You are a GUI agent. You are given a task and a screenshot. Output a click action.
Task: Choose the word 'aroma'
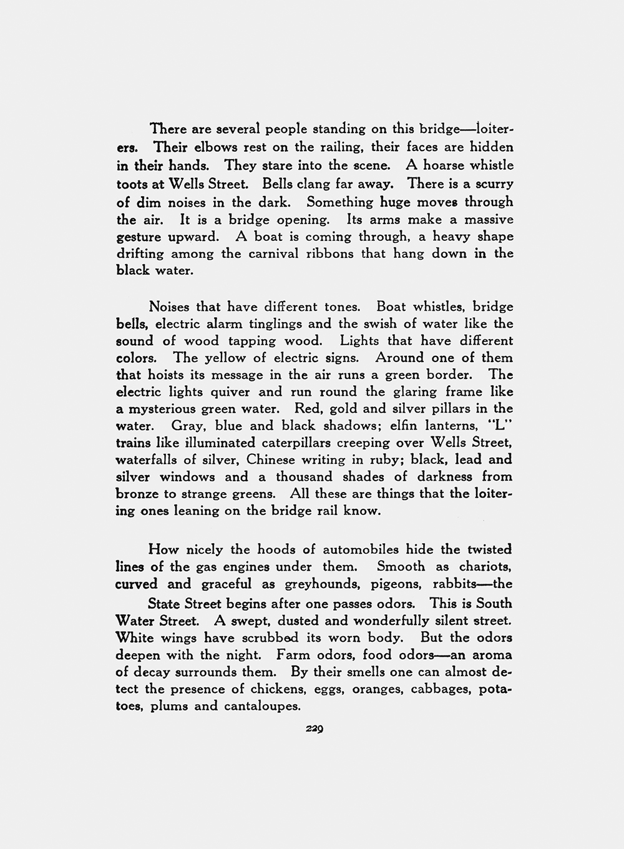[x=492, y=655]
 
